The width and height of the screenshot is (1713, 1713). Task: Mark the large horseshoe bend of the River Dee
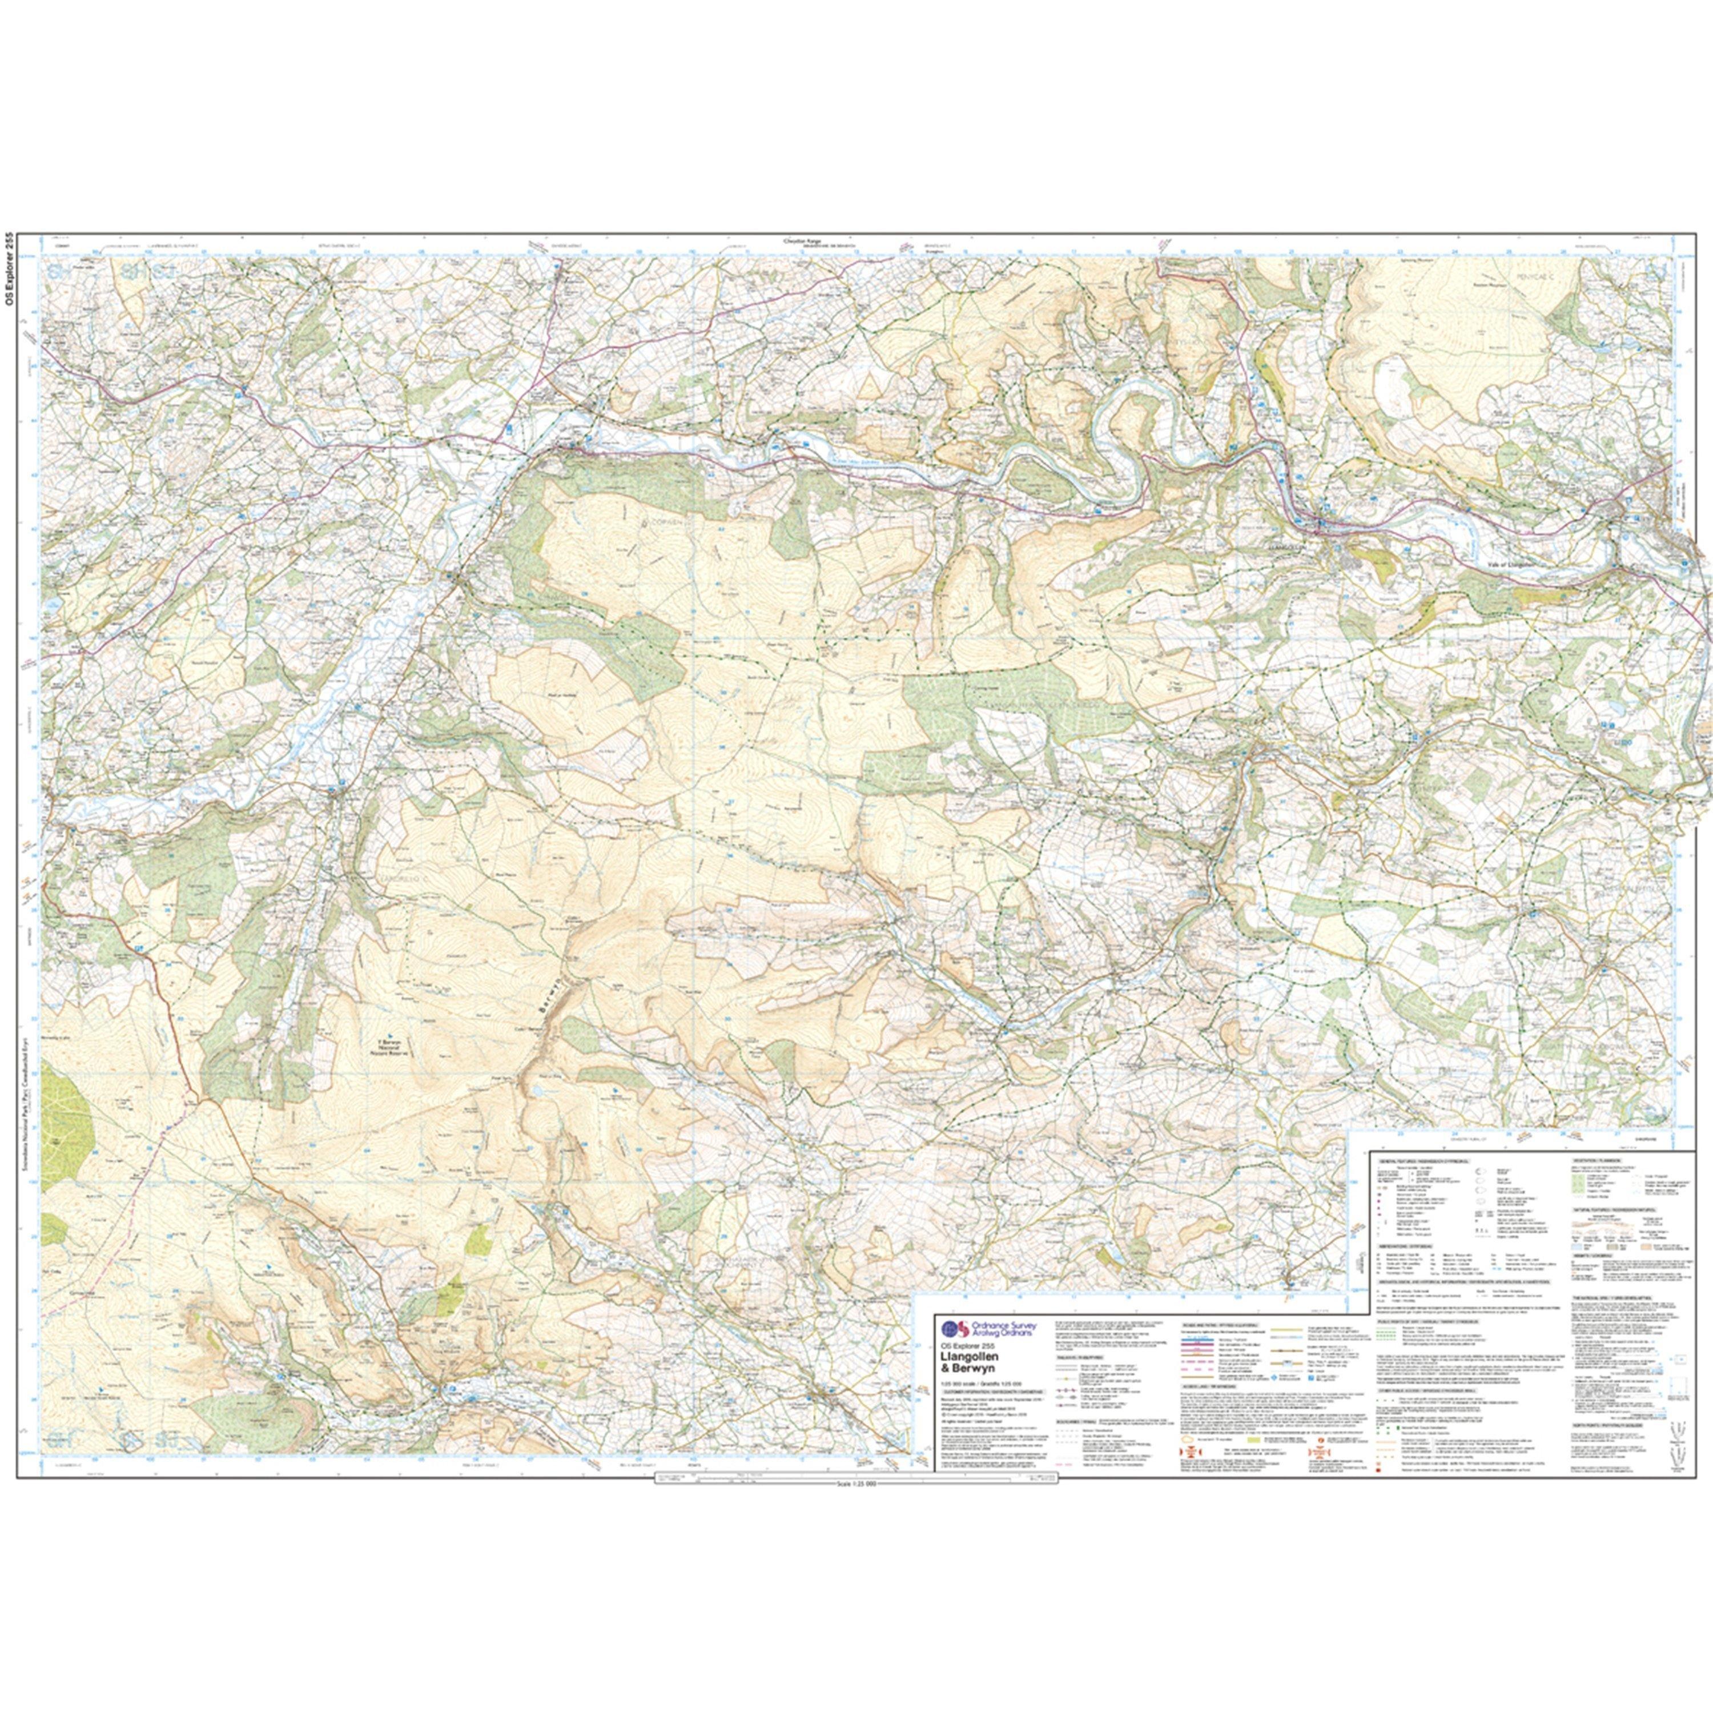tap(1126, 443)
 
